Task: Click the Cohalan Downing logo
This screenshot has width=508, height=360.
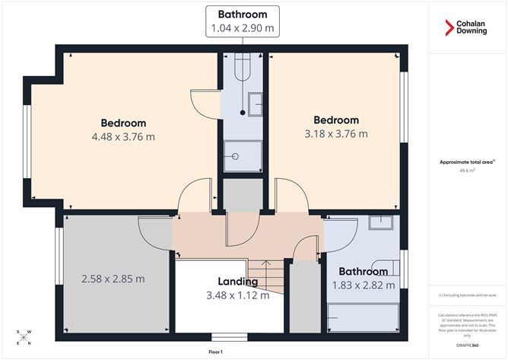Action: click(467, 29)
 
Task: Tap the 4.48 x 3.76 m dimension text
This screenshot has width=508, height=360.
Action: click(123, 137)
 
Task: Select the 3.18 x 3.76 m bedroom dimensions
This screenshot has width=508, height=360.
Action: click(336, 134)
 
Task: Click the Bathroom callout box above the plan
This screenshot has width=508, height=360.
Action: click(243, 21)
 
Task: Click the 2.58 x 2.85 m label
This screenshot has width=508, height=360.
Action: click(113, 279)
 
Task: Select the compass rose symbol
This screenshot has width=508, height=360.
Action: click(24, 337)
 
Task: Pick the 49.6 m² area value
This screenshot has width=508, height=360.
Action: click(467, 170)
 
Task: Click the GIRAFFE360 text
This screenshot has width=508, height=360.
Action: click(467, 346)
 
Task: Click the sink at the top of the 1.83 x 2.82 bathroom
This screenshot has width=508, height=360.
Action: click(381, 223)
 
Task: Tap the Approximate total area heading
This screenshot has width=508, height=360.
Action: click(467, 161)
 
